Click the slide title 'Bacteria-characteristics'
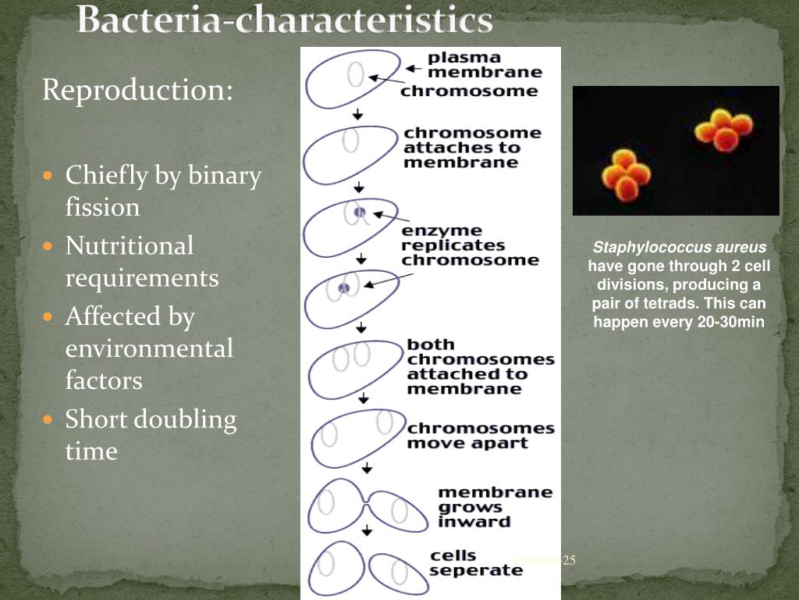(285, 20)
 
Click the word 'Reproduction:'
(137, 90)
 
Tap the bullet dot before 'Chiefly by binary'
(49, 176)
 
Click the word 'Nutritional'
(129, 246)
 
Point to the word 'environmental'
(149, 348)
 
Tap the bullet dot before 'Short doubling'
(49, 420)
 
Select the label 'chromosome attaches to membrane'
(472, 148)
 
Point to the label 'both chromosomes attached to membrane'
(480, 366)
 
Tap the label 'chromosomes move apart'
(480, 436)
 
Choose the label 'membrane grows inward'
(495, 507)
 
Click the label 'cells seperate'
(476, 563)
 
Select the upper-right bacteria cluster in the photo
(724, 130)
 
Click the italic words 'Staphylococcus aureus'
(679, 248)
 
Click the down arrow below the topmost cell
(357, 114)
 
